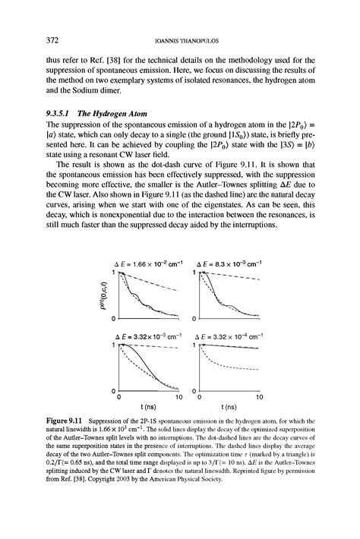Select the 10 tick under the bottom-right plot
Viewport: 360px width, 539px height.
click(260, 396)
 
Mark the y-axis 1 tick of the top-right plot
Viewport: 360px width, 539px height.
click(194, 272)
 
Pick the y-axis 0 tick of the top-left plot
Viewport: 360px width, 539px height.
click(112, 317)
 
